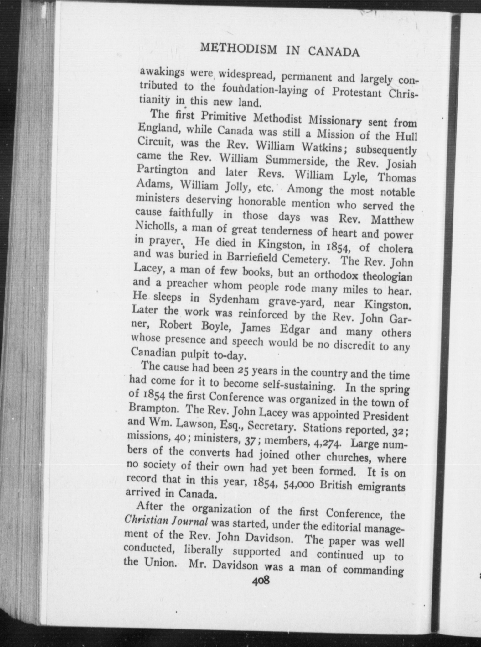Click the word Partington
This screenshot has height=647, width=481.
[163, 170]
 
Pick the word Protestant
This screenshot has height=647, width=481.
[356, 92]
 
